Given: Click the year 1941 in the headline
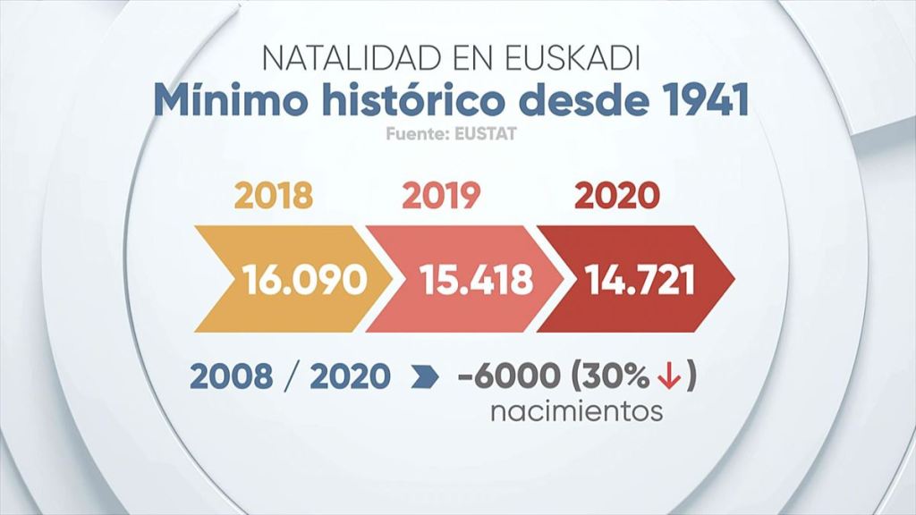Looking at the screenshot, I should (x=698, y=99).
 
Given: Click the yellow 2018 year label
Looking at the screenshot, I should (x=275, y=195).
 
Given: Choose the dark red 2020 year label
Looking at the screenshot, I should (x=616, y=195).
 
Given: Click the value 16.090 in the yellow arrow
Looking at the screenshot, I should (x=305, y=280).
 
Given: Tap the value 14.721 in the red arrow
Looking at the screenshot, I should (x=641, y=280).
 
